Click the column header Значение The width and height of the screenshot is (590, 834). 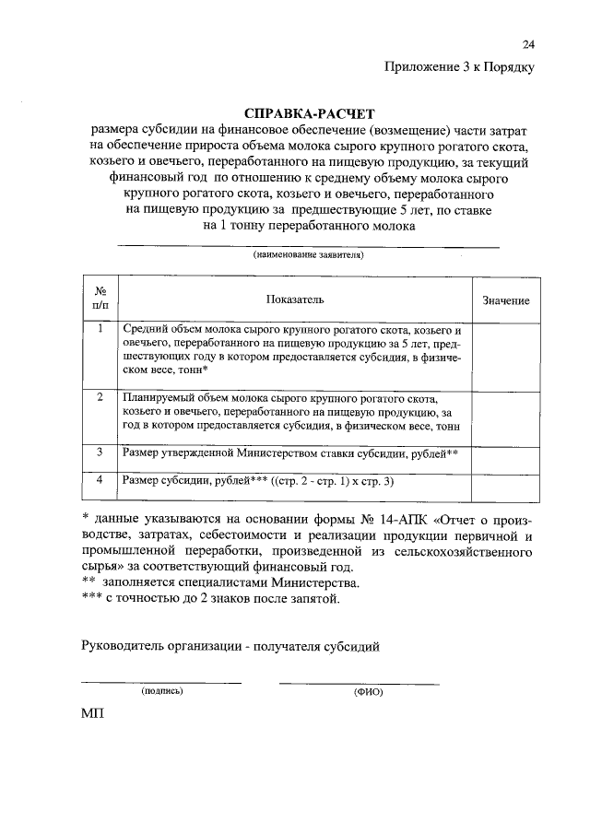506,301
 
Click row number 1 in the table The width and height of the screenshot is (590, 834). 100,328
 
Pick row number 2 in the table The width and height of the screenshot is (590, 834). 100,396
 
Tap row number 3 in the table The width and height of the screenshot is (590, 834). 100,452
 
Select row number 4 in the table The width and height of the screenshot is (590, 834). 100,480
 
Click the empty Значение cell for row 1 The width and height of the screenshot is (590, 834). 506,353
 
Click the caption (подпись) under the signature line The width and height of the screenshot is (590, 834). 162,690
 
